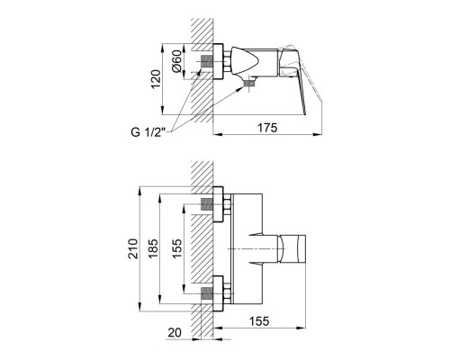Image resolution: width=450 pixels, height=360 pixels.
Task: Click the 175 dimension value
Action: [x=267, y=128]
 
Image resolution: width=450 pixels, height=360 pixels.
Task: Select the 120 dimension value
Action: [x=156, y=79]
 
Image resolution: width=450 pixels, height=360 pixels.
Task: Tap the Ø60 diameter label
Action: [x=176, y=61]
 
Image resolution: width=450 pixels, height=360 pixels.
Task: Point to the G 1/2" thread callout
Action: [x=148, y=132]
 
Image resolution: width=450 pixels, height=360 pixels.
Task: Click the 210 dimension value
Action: [x=132, y=248]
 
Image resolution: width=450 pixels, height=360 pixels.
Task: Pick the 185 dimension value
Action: [x=153, y=248]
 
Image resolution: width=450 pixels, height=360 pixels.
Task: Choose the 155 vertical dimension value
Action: [x=177, y=248]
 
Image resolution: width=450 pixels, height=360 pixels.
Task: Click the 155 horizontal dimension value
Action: [x=259, y=321]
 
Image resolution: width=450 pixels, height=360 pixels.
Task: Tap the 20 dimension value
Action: [x=175, y=333]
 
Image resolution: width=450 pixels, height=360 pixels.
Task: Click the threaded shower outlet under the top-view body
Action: [x=248, y=83]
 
